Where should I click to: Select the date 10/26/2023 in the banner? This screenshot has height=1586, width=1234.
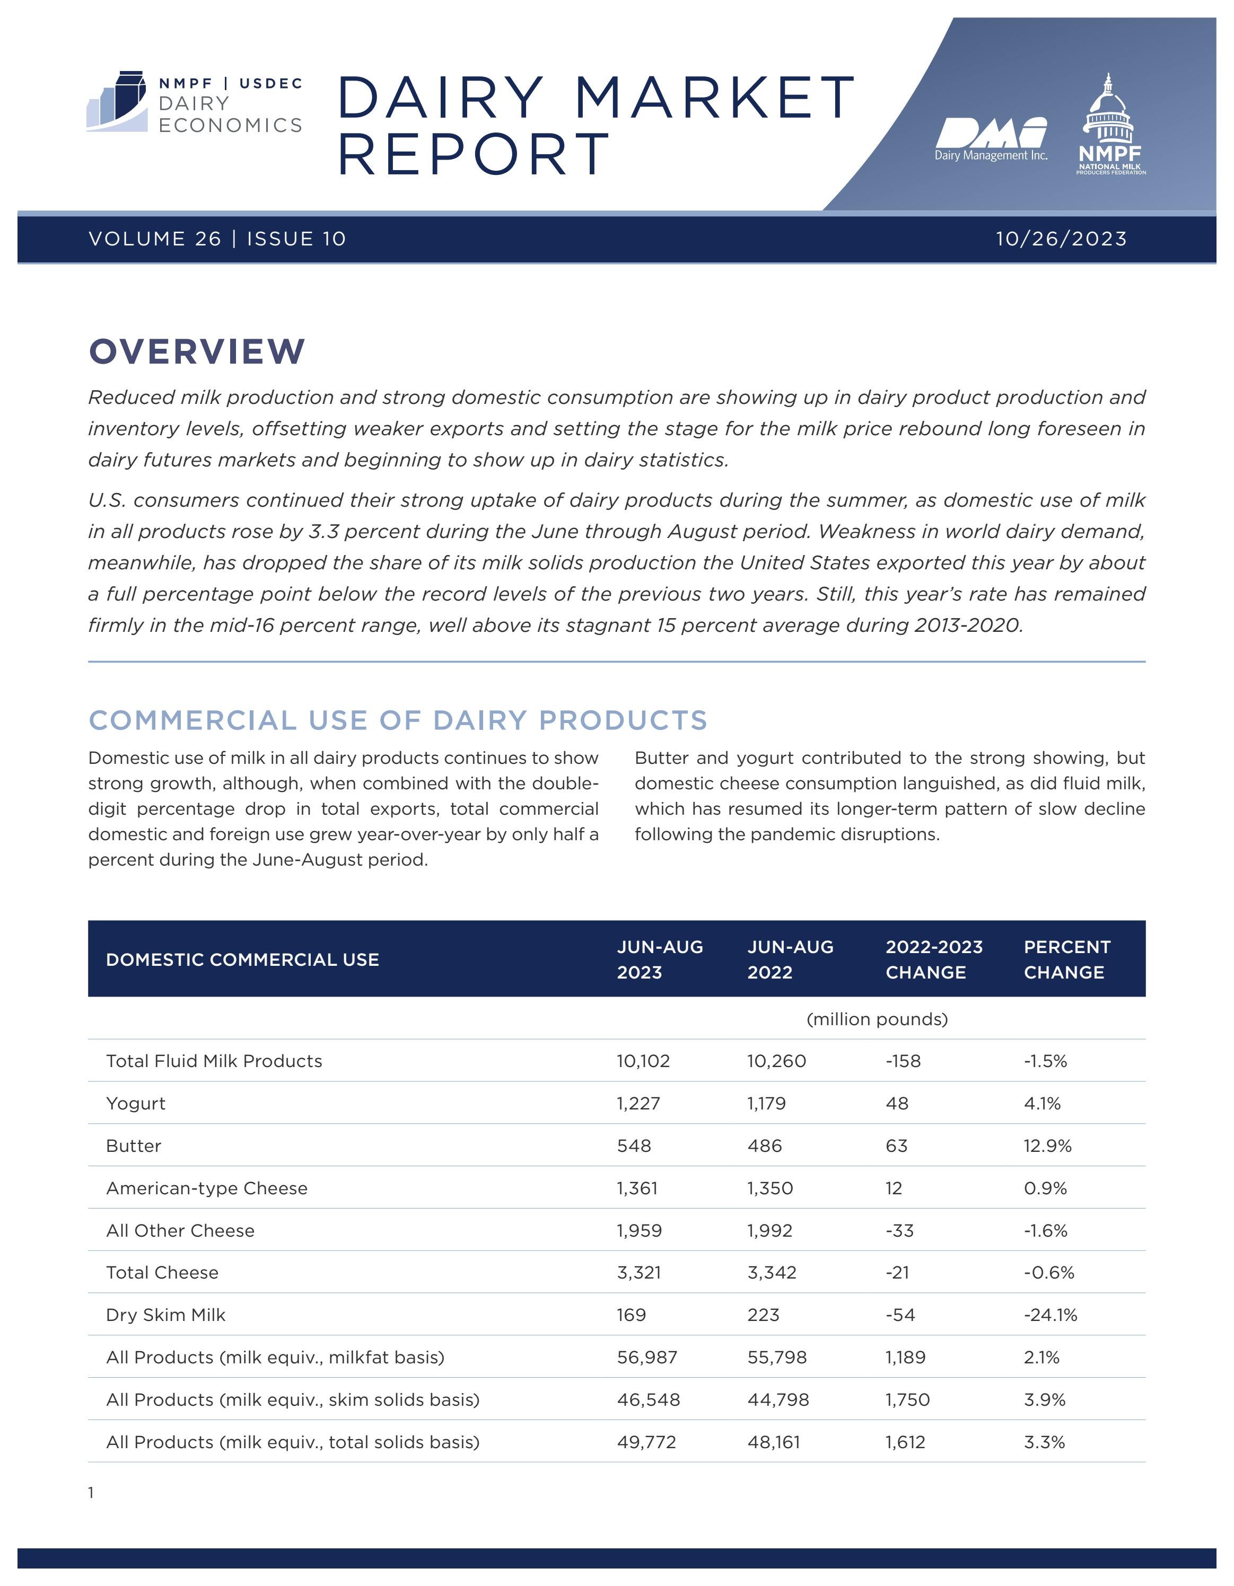click(x=1061, y=239)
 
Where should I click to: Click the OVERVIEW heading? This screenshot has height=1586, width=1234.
click(x=197, y=351)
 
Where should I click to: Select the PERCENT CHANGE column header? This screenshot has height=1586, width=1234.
click(x=1066, y=959)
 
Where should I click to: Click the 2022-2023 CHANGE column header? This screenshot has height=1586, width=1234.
click(x=933, y=959)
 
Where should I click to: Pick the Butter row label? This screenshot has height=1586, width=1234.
click(x=134, y=1146)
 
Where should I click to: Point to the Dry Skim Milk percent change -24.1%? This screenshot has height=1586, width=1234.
click(x=1050, y=1315)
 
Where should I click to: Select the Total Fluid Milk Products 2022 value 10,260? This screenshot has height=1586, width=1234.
click(x=776, y=1061)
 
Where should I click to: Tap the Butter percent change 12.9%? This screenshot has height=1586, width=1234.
click(x=1047, y=1146)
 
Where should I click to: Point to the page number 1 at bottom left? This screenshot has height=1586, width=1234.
click(x=91, y=1493)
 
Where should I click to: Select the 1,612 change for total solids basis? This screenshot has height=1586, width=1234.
click(x=905, y=1442)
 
